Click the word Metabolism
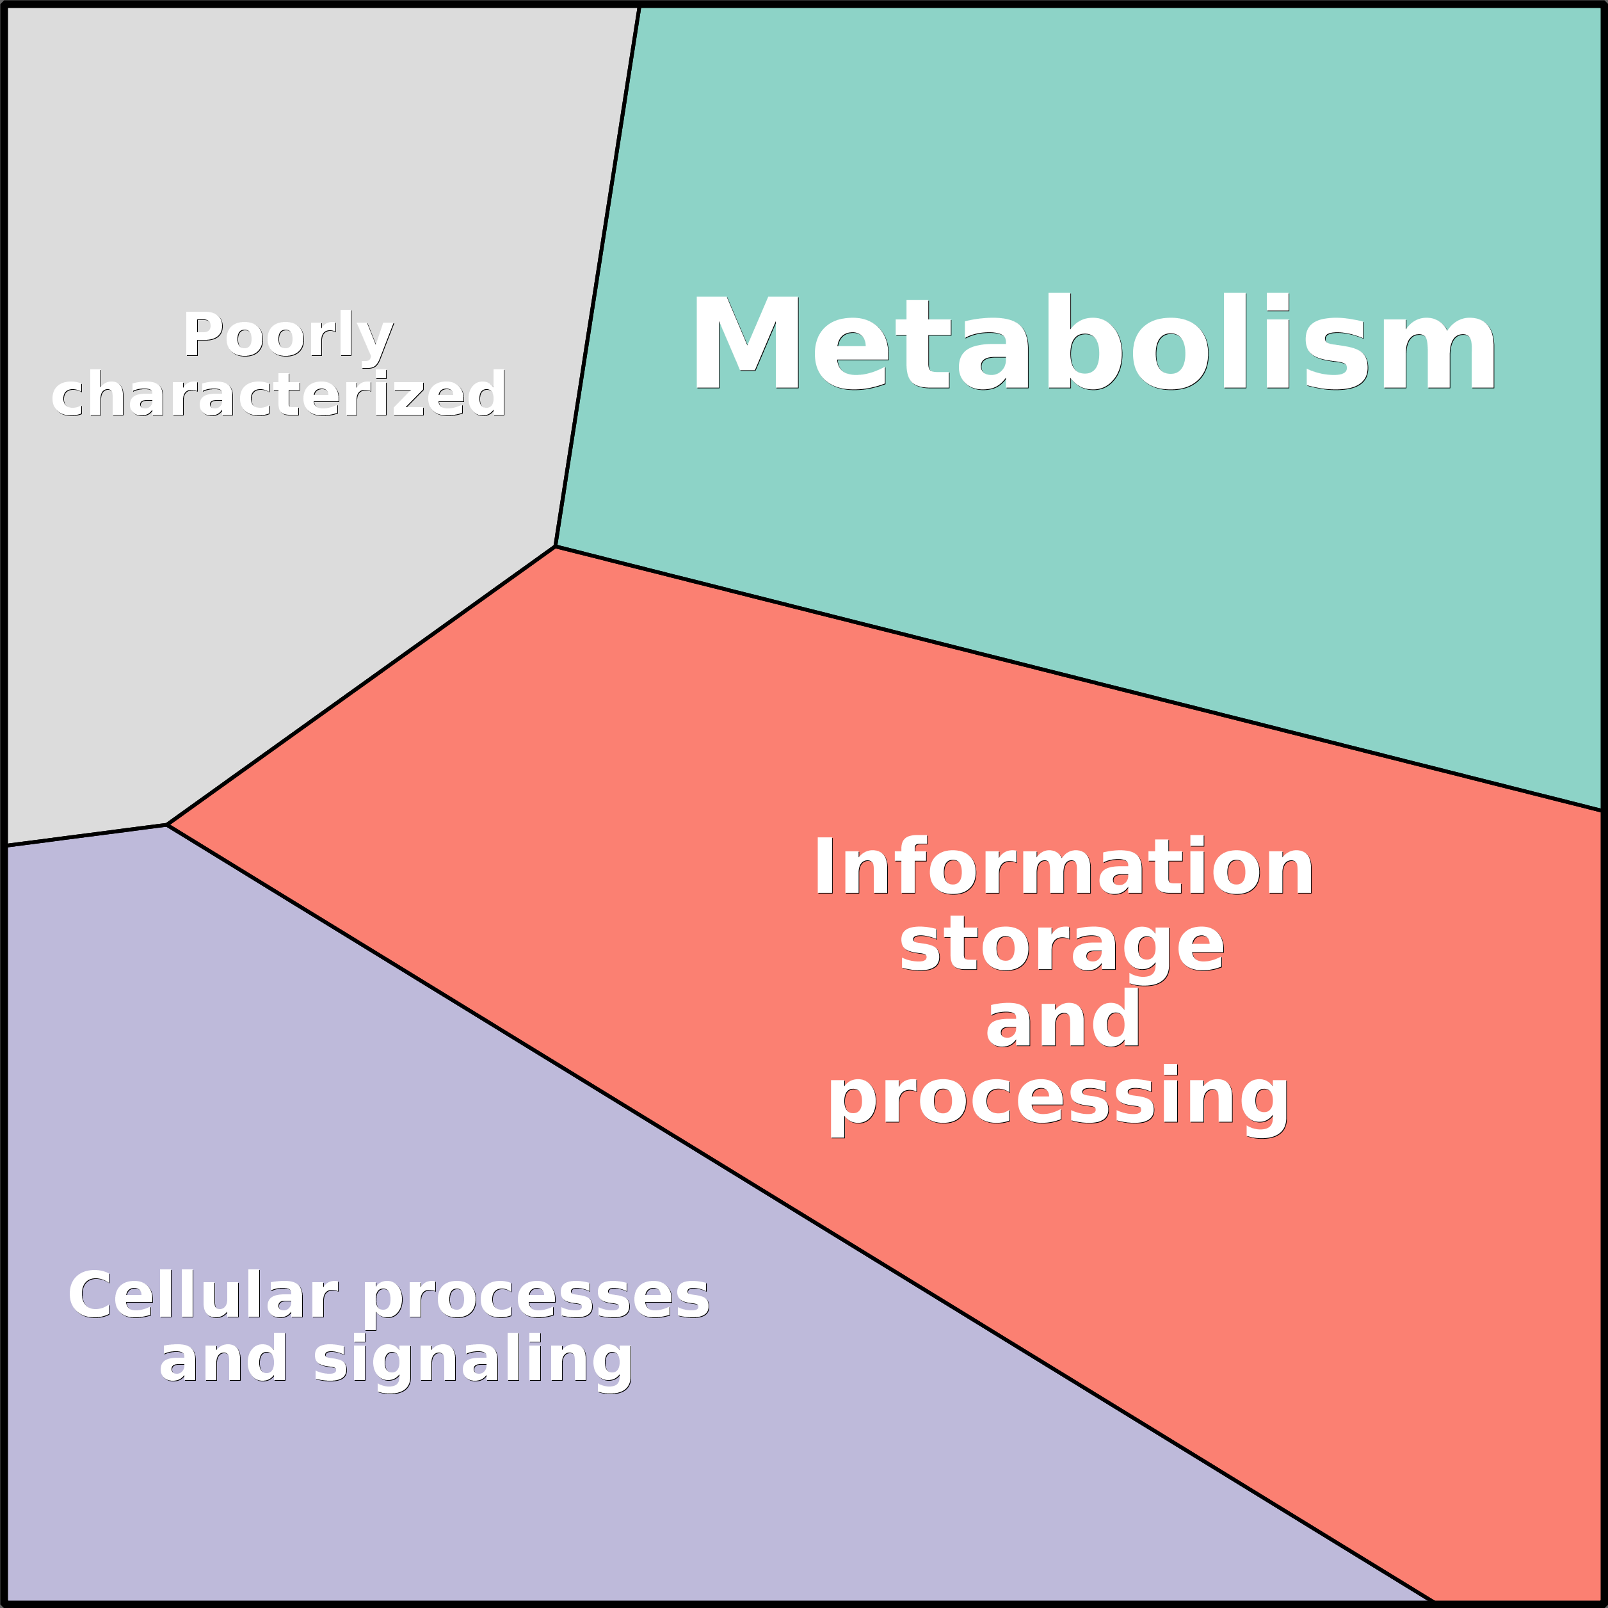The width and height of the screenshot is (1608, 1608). click(1092, 343)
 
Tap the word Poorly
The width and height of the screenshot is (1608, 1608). click(287, 335)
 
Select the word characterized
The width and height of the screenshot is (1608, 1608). click(279, 394)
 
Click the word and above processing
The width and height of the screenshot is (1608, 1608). click(1062, 1021)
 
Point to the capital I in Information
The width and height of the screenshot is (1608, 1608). click(824, 867)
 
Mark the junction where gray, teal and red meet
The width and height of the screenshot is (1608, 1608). click(555, 547)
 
